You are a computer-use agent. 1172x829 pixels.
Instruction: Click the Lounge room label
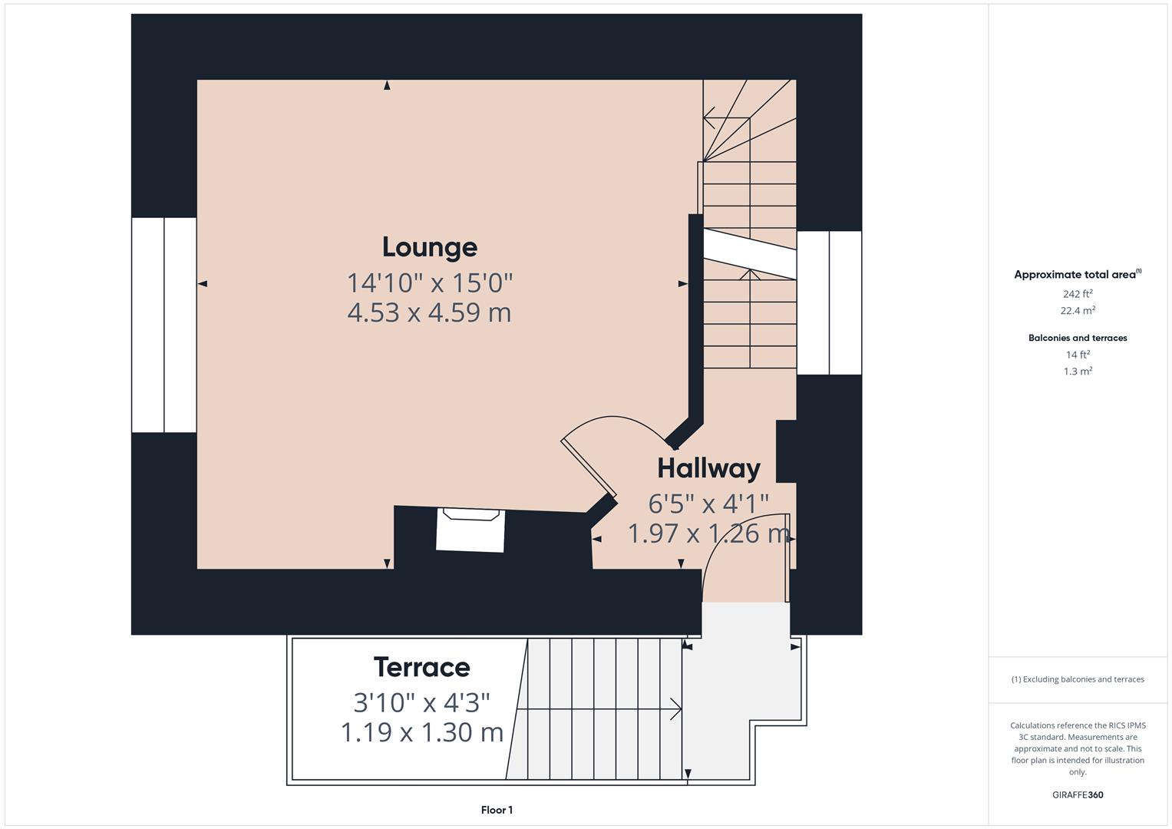(x=430, y=247)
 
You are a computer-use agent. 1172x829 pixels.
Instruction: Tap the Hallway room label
(x=708, y=467)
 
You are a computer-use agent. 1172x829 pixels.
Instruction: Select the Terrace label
(x=421, y=666)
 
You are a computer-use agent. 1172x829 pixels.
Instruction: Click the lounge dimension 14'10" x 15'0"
(x=430, y=283)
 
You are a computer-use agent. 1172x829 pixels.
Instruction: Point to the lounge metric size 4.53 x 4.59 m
(x=429, y=312)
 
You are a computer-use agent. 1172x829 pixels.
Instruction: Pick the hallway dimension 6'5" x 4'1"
(x=708, y=504)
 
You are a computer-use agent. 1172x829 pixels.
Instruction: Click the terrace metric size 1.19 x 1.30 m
(x=421, y=732)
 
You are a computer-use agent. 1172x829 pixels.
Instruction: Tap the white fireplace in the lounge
(x=470, y=530)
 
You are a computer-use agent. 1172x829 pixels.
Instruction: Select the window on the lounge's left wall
(x=164, y=325)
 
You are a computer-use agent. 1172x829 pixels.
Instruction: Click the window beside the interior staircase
(x=829, y=302)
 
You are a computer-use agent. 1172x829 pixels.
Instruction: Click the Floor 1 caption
(x=497, y=810)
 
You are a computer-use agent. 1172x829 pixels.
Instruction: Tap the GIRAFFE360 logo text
(x=1077, y=794)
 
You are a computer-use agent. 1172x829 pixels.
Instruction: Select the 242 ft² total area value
(x=1077, y=294)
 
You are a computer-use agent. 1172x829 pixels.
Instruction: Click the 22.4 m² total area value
(x=1077, y=311)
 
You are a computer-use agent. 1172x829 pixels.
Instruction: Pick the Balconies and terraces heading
(x=1077, y=338)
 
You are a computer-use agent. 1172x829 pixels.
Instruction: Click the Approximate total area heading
(x=1077, y=274)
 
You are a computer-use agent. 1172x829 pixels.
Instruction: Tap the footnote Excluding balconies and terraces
(x=1077, y=679)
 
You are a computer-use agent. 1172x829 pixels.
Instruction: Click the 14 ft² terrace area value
(x=1077, y=355)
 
